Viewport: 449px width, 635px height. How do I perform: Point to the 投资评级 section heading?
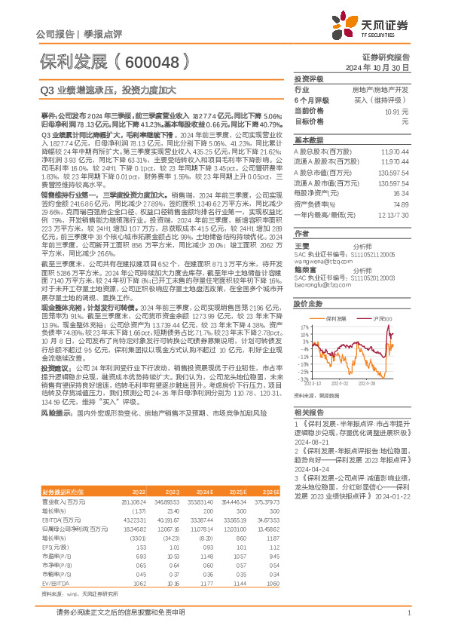(x=308, y=78)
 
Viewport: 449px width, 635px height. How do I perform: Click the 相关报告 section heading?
(x=308, y=413)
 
